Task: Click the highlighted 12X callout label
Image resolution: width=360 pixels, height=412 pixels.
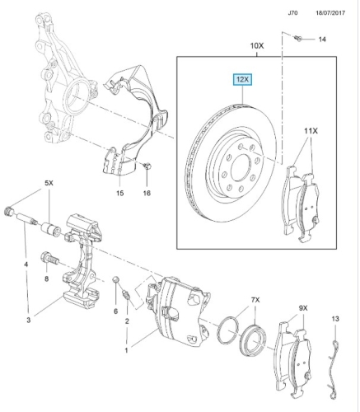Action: (242, 80)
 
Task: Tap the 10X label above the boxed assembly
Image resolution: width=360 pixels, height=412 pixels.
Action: (257, 45)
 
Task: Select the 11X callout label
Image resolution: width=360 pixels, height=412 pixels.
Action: (311, 131)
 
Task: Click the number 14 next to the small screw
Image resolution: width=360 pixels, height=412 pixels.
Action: (322, 40)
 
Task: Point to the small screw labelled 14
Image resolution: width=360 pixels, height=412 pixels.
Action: (298, 38)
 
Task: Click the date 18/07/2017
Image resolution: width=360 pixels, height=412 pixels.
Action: (330, 13)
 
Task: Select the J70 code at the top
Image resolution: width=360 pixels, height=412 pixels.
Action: (292, 13)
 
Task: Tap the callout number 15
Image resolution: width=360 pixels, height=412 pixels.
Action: (119, 193)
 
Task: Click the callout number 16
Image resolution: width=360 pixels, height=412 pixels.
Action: (147, 193)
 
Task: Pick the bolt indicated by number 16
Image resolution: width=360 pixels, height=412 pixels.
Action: (147, 166)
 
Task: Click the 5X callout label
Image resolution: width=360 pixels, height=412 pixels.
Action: (49, 183)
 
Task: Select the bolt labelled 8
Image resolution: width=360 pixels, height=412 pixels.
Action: (49, 258)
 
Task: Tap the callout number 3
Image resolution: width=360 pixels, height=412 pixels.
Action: (29, 320)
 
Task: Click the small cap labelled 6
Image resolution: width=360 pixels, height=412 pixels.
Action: (116, 280)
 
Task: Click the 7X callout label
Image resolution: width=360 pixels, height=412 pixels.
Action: (255, 300)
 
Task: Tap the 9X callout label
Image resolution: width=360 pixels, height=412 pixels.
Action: (303, 308)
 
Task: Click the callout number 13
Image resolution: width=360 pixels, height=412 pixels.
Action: (335, 319)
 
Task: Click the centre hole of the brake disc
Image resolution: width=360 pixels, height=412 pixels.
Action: (241, 168)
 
